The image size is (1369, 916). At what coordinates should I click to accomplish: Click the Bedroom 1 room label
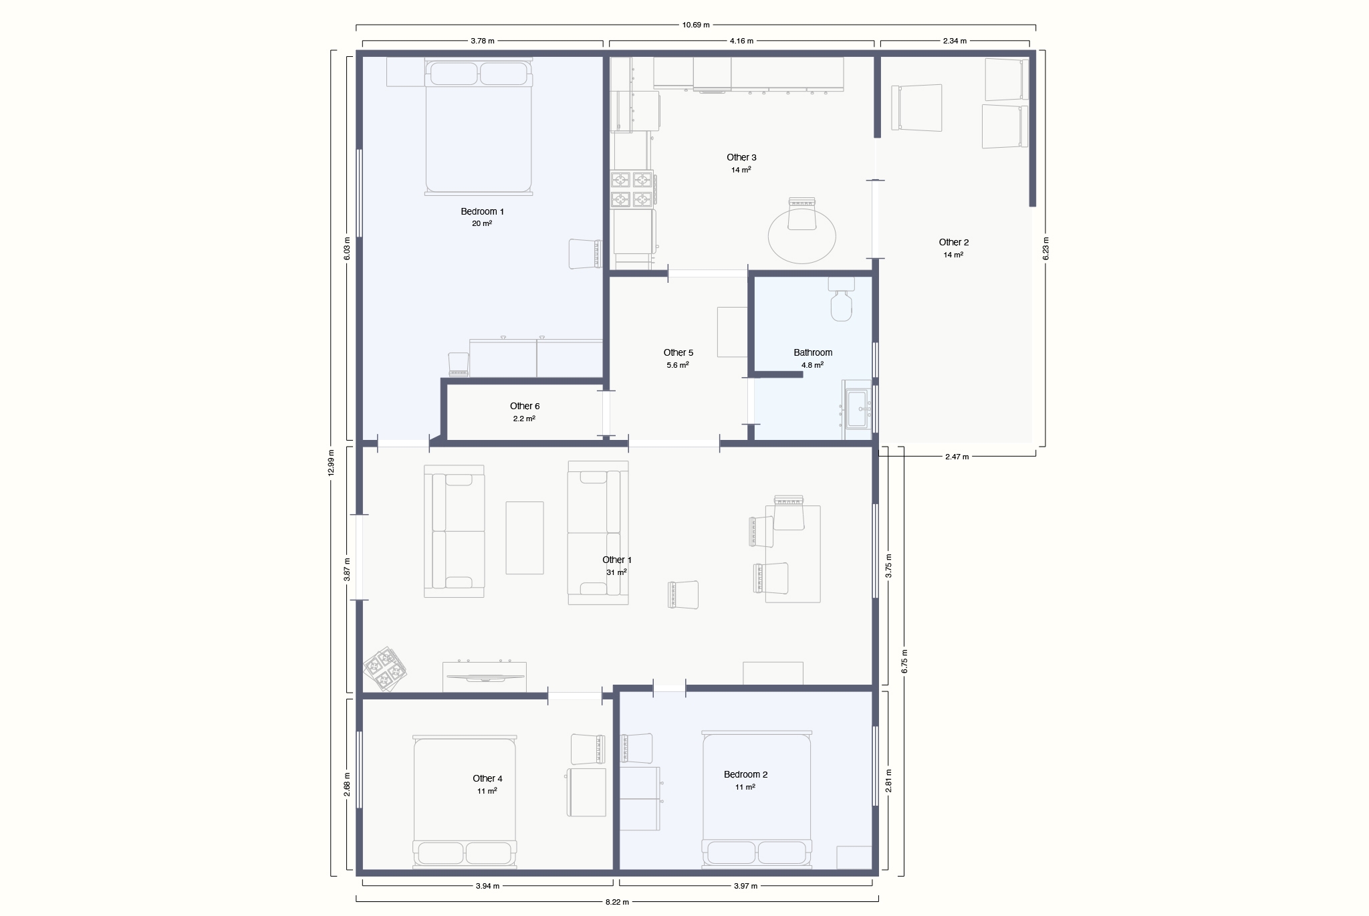(x=482, y=211)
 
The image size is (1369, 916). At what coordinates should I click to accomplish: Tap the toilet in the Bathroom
(x=842, y=299)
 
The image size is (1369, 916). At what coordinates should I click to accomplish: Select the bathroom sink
(x=858, y=409)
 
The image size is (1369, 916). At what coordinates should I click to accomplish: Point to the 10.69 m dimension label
(x=696, y=25)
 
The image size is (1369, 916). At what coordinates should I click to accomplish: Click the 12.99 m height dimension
(x=331, y=462)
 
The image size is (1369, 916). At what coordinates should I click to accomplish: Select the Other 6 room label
(x=525, y=406)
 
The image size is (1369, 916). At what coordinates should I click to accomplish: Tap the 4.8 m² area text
(x=813, y=365)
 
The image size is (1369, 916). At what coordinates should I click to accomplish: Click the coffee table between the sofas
(x=525, y=538)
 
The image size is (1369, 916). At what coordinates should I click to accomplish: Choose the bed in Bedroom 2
(x=757, y=800)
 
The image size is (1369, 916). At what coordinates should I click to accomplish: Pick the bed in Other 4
(x=465, y=802)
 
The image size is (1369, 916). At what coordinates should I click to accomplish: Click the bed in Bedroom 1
(x=479, y=126)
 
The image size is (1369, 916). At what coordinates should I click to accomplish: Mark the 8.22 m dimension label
(x=617, y=902)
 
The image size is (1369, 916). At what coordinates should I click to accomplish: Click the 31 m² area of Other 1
(x=616, y=572)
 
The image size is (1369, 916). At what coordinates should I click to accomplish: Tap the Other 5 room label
(x=678, y=352)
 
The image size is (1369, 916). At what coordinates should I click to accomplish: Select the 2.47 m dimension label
(x=957, y=457)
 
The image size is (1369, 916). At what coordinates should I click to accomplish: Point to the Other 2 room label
(x=953, y=242)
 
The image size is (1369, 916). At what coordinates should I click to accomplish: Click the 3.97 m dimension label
(x=745, y=886)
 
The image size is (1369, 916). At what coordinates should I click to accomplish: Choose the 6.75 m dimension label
(x=904, y=661)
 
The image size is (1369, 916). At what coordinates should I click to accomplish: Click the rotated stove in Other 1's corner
(x=385, y=669)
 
